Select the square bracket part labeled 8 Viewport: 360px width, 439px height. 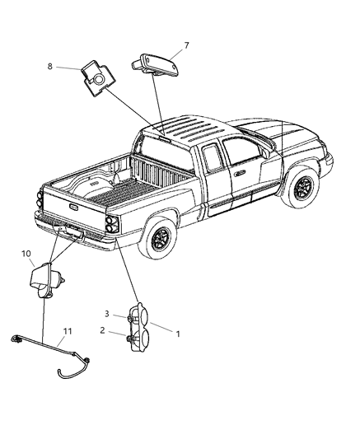(x=97, y=79)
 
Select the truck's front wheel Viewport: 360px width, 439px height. (x=303, y=191)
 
